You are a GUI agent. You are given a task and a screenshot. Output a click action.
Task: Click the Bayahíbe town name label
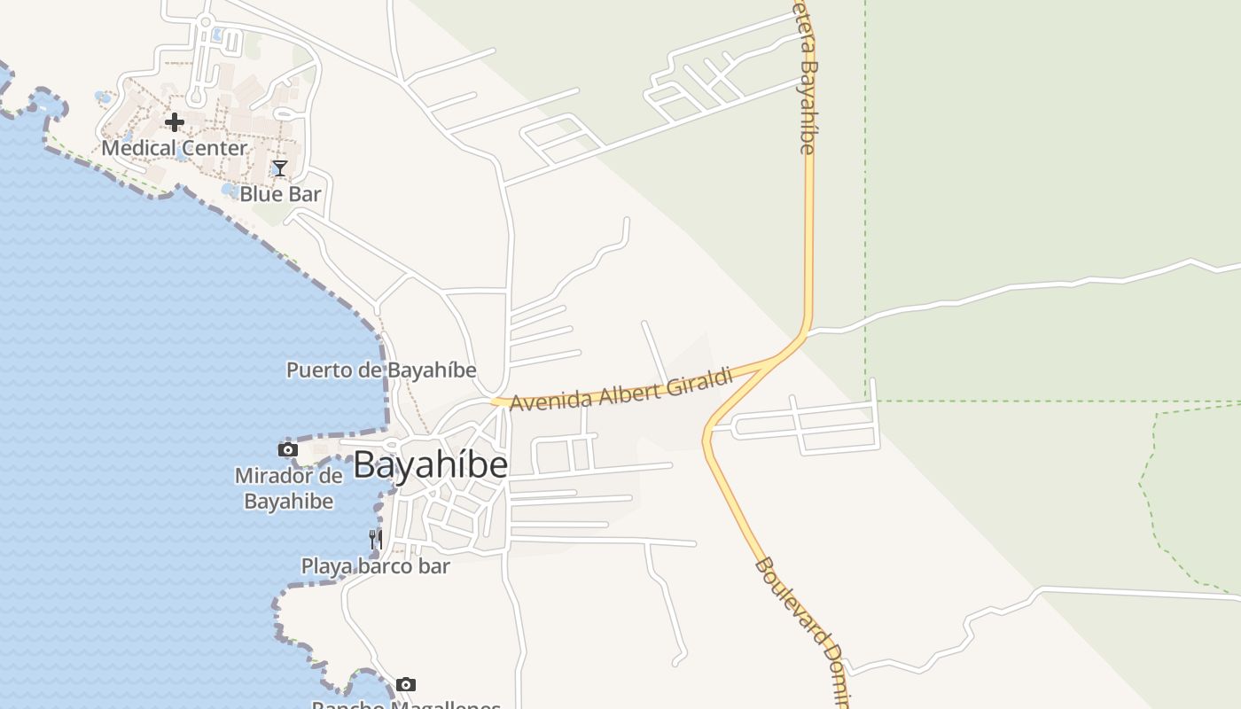(430, 465)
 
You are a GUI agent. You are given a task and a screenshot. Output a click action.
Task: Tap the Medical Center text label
(174, 148)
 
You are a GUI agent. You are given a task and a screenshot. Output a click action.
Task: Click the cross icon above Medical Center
(175, 122)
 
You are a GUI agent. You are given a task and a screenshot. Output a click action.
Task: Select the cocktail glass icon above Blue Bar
(280, 168)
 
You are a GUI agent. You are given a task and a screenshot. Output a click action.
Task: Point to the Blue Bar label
(280, 194)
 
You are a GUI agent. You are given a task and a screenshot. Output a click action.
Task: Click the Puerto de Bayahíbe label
(381, 370)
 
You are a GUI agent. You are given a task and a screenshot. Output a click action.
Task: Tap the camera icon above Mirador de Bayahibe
(288, 450)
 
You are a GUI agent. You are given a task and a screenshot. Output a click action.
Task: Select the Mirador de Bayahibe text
(289, 488)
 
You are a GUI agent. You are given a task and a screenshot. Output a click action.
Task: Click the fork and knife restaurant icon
(375, 538)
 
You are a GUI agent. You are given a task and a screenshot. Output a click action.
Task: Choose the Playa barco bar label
(376, 566)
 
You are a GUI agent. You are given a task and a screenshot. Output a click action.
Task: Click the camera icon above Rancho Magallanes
(406, 684)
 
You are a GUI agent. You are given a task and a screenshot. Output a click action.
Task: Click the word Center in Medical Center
(214, 148)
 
